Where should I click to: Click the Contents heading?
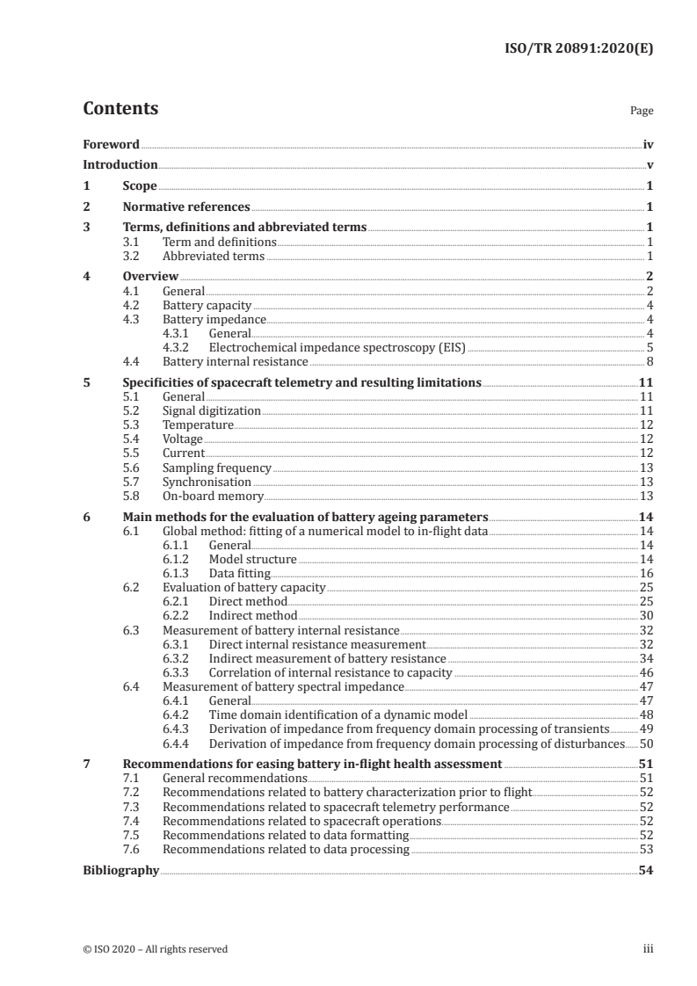point(120,109)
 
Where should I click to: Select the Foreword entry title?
point(111,144)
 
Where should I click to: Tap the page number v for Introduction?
point(649,165)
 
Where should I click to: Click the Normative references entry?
point(186,207)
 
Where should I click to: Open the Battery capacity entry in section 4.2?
point(207,305)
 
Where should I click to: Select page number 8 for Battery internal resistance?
point(649,361)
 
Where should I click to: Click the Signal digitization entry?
point(212,410)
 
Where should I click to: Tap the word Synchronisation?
point(207,482)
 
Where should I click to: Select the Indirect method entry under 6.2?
point(253,615)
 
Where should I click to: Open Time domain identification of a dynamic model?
point(338,714)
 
